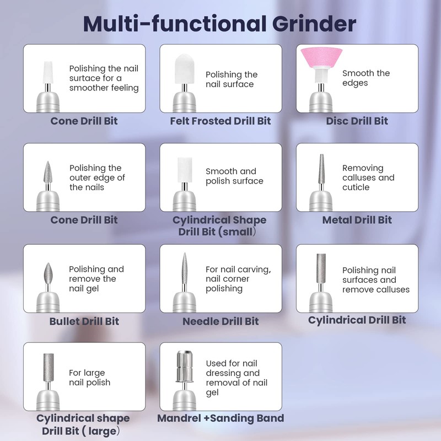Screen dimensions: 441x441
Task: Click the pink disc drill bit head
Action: pyautogui.click(x=321, y=57)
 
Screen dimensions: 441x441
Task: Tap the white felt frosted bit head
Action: pyautogui.click(x=185, y=69)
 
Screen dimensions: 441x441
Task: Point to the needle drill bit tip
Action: pyautogui.click(x=185, y=254)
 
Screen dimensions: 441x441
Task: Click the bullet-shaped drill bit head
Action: pyautogui.click(x=48, y=273)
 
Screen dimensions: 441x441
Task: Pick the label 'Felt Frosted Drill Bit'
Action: pyautogui.click(x=220, y=121)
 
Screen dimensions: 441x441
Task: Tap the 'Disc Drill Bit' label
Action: pyautogui.click(x=357, y=121)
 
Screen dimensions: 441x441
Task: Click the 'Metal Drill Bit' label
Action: pyautogui.click(x=357, y=220)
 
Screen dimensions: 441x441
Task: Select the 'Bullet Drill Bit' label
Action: pyautogui.click(x=84, y=321)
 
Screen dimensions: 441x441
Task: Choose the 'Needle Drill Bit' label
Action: pyautogui.click(x=220, y=321)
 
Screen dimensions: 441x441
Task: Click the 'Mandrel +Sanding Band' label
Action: pyautogui.click(x=220, y=418)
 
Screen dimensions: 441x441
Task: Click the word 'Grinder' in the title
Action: pyautogui.click(x=314, y=24)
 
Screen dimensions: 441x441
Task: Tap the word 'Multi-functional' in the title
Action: pyautogui.click(x=175, y=24)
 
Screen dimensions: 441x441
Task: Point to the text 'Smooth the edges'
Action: pyautogui.click(x=366, y=78)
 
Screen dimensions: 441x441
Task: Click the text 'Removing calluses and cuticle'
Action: pyautogui.click(x=368, y=178)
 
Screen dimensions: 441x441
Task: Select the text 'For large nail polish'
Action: pyautogui.click(x=89, y=378)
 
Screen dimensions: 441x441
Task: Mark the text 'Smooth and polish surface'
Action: pyautogui.click(x=234, y=176)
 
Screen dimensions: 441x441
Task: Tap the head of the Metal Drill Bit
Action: pyautogui.click(x=321, y=169)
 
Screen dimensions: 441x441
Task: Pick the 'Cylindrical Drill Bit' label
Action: pyautogui.click(x=357, y=320)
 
